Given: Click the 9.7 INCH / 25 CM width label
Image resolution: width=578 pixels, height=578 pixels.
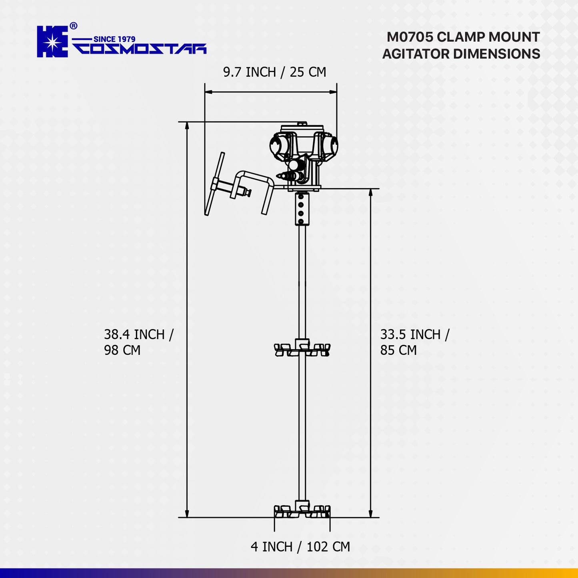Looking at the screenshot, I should (x=274, y=72).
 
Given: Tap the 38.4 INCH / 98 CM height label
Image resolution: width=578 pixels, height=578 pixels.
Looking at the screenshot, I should (x=138, y=342).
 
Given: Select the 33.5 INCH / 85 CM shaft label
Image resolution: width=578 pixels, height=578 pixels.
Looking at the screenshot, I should (x=414, y=342).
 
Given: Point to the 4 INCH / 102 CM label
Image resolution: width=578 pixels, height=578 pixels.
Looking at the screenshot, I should (x=300, y=547).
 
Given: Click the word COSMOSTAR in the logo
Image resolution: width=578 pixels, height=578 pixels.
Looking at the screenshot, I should (x=140, y=49).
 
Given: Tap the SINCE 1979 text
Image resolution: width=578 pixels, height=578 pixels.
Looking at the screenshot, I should (x=114, y=39).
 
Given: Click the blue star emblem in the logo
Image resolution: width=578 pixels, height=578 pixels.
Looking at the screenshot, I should (x=52, y=42).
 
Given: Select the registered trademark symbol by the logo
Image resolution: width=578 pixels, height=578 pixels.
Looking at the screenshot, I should (x=74, y=26).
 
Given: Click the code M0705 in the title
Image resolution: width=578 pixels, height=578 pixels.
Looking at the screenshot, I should (x=410, y=37).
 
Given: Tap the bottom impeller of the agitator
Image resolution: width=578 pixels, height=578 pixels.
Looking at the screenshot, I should (x=302, y=510).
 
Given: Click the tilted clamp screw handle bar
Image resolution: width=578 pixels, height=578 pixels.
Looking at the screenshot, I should (x=214, y=184).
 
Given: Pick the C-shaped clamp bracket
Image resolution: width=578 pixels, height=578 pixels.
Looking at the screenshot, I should (x=256, y=188).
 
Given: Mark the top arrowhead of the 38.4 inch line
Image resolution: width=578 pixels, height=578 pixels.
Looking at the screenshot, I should (x=187, y=126).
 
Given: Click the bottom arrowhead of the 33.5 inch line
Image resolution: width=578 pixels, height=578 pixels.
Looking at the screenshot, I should (x=371, y=514).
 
